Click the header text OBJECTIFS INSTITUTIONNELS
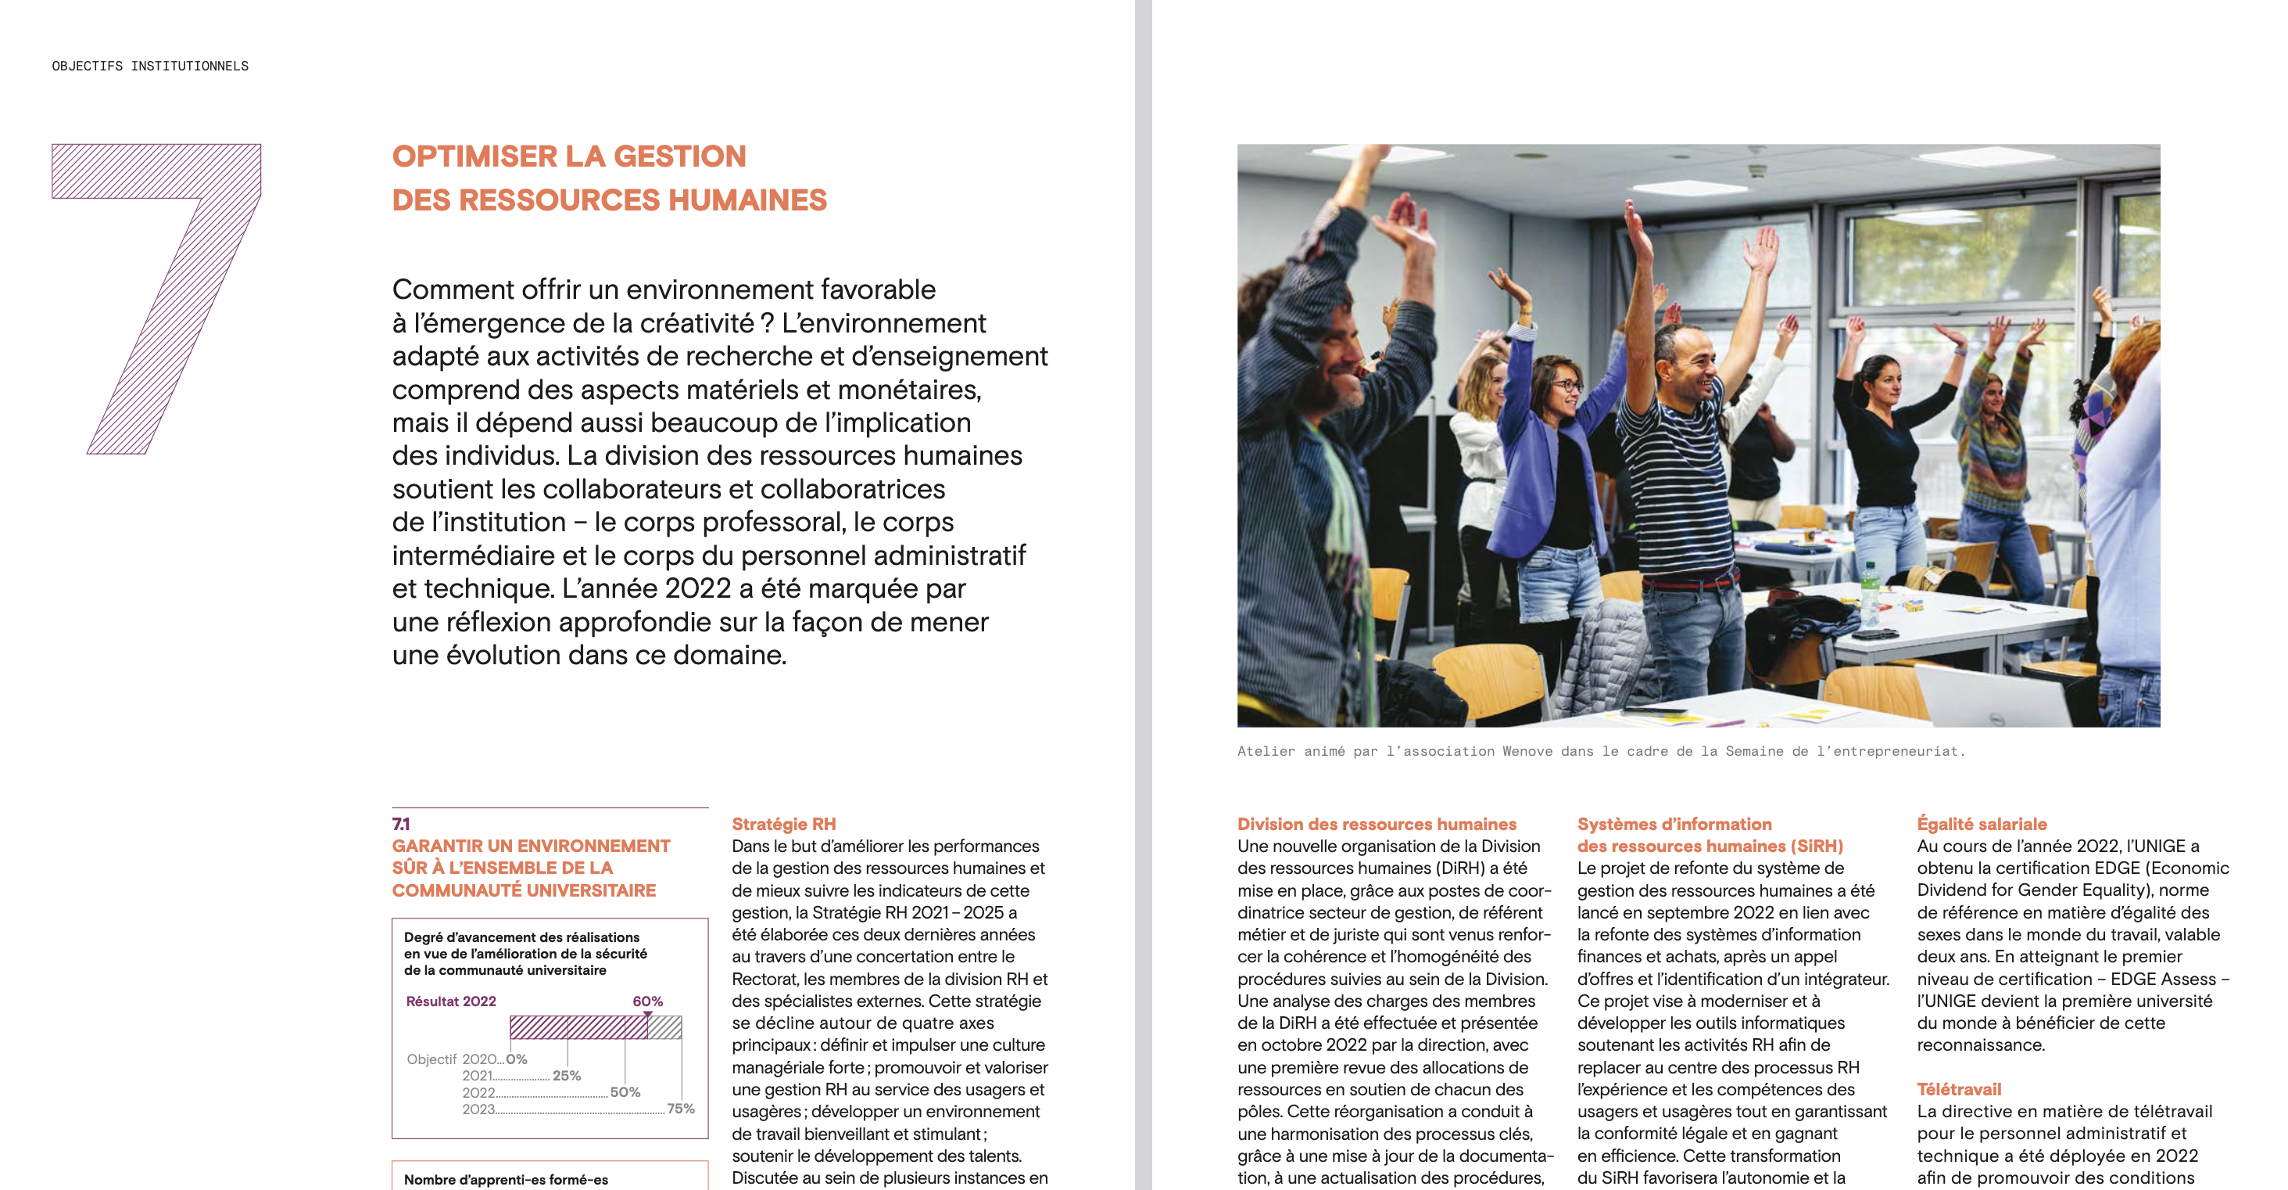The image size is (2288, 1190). coord(150,66)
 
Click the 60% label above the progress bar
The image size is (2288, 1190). coord(646,1001)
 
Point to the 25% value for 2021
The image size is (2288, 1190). coord(567,1075)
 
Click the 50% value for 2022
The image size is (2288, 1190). coord(625,1091)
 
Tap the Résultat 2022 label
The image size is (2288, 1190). coord(450,1001)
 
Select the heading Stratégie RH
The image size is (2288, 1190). coord(783,824)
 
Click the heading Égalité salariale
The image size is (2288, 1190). coord(1981,824)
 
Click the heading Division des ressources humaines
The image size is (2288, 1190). coord(1376,824)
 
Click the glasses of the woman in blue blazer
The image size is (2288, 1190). coord(1566,385)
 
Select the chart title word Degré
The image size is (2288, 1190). coord(424,937)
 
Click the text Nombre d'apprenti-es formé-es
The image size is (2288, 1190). coord(506,1179)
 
